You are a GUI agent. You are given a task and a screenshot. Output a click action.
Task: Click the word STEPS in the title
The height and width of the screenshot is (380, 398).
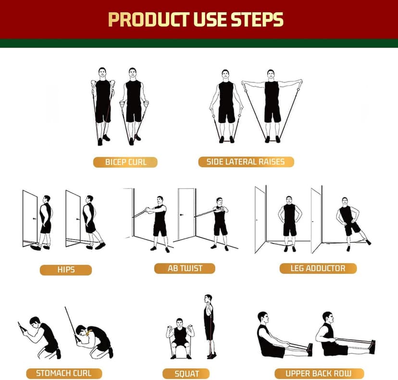pyautogui.click(x=258, y=19)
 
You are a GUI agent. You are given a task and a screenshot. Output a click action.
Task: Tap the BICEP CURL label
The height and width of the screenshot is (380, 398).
pyautogui.click(x=125, y=162)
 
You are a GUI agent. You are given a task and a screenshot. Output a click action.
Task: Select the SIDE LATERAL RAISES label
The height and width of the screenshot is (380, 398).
pyautogui.click(x=246, y=162)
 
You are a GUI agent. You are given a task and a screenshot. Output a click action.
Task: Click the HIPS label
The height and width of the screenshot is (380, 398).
pyautogui.click(x=65, y=270)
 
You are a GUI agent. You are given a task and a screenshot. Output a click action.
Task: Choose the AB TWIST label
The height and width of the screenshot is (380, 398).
pyautogui.click(x=185, y=268)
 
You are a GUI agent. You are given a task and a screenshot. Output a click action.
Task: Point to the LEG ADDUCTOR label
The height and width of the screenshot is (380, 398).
pyautogui.click(x=318, y=268)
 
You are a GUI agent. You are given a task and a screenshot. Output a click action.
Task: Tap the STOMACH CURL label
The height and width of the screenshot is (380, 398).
pyautogui.click(x=63, y=373)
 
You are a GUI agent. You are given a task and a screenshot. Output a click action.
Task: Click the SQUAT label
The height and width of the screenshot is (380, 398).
pyautogui.click(x=187, y=373)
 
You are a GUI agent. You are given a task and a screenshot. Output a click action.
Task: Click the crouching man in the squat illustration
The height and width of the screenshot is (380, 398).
pyautogui.click(x=180, y=337)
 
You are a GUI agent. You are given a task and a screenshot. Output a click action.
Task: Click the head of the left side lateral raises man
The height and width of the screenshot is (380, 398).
pyautogui.click(x=225, y=75)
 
